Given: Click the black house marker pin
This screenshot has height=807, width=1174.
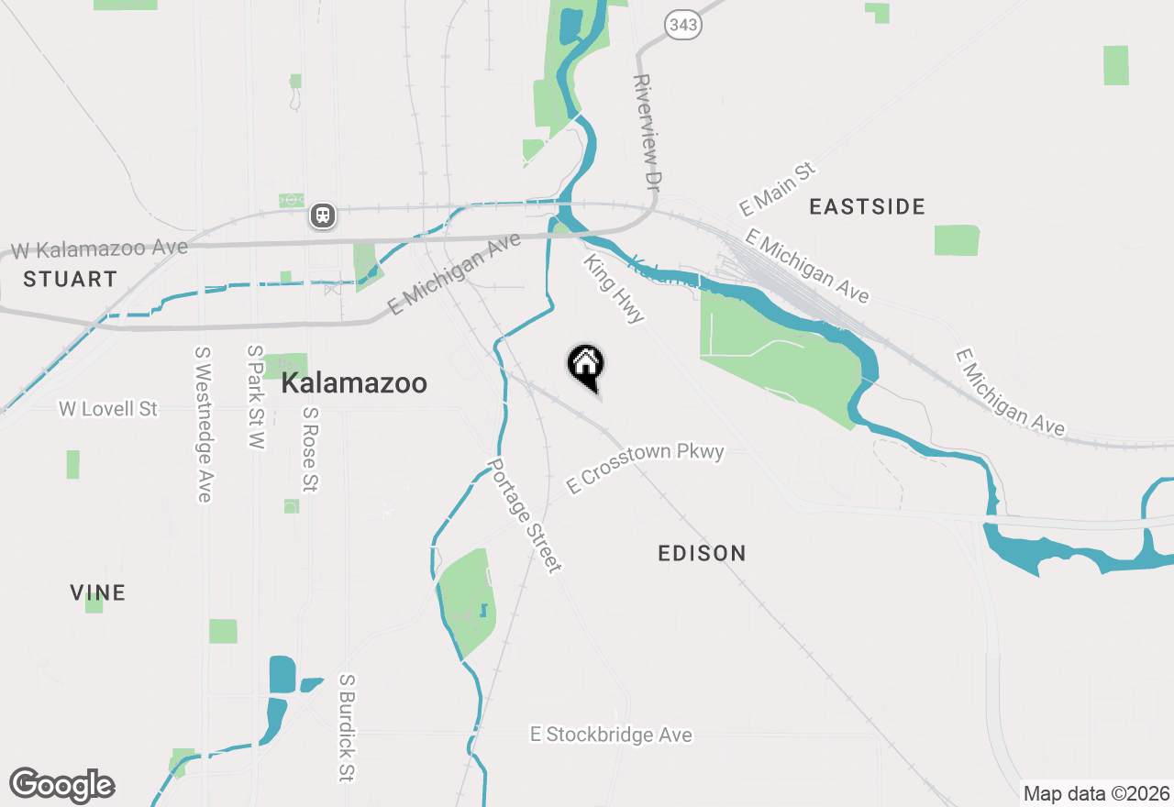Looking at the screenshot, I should click(x=586, y=366).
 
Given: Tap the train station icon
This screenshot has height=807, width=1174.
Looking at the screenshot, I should click(x=322, y=216).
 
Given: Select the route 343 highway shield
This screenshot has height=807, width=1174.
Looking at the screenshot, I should click(x=684, y=25).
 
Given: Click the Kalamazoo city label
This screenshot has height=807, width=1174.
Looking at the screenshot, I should click(x=354, y=383).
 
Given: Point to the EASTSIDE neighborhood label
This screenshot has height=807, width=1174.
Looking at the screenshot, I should click(x=867, y=207).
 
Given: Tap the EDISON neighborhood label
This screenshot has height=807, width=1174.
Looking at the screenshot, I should click(x=702, y=553).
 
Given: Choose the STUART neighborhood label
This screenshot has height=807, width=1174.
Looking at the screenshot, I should click(x=71, y=279).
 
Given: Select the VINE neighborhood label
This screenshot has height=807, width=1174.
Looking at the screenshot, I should click(x=97, y=593).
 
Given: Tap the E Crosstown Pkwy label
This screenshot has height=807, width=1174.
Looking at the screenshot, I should click(x=646, y=468).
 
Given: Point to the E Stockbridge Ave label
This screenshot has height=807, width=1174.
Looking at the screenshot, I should click(x=611, y=735).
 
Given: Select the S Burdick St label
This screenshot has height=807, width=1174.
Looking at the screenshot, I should click(x=346, y=728).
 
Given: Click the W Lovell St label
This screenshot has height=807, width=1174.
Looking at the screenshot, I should click(x=108, y=409).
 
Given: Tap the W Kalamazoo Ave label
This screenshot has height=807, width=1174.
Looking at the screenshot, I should click(x=99, y=249).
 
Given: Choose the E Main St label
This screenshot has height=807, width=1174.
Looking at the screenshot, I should click(x=777, y=189).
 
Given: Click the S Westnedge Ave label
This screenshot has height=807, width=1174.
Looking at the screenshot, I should click(x=204, y=424).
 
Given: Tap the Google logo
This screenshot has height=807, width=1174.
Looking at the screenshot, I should click(x=62, y=786).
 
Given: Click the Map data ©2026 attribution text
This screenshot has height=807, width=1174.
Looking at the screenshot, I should click(x=1096, y=793).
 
